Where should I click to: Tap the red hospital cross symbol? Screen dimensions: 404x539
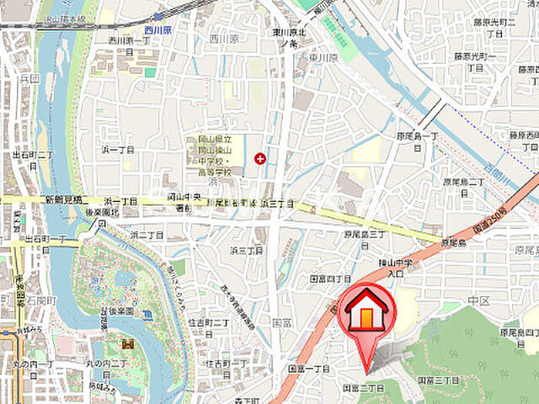click(x=260, y=157)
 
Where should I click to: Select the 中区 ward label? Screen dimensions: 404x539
click(x=479, y=300)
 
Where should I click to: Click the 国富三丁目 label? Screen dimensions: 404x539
click(x=438, y=380)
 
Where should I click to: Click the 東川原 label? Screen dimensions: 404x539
click(x=322, y=58)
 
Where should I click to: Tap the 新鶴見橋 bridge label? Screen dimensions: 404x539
click(x=62, y=200)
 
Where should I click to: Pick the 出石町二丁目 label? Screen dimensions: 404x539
click(x=34, y=160)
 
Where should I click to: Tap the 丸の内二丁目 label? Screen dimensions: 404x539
click(x=110, y=363)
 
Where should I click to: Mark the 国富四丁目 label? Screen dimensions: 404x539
click(x=330, y=278)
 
